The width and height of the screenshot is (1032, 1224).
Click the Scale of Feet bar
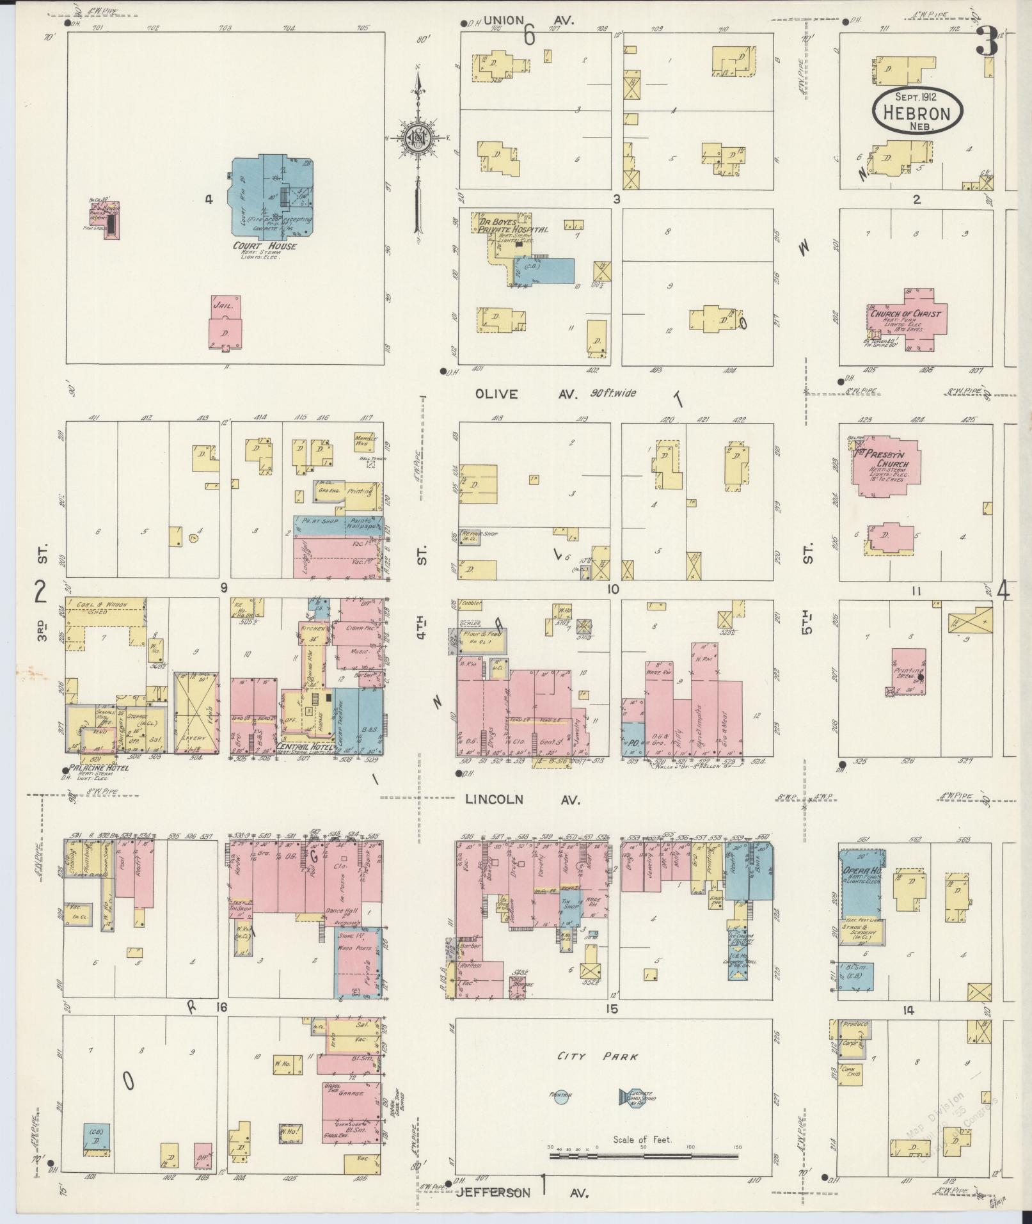pos(644,1148)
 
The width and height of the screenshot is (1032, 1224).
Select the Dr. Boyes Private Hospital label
pos(512,225)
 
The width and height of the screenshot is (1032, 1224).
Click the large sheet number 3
pos(986,45)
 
